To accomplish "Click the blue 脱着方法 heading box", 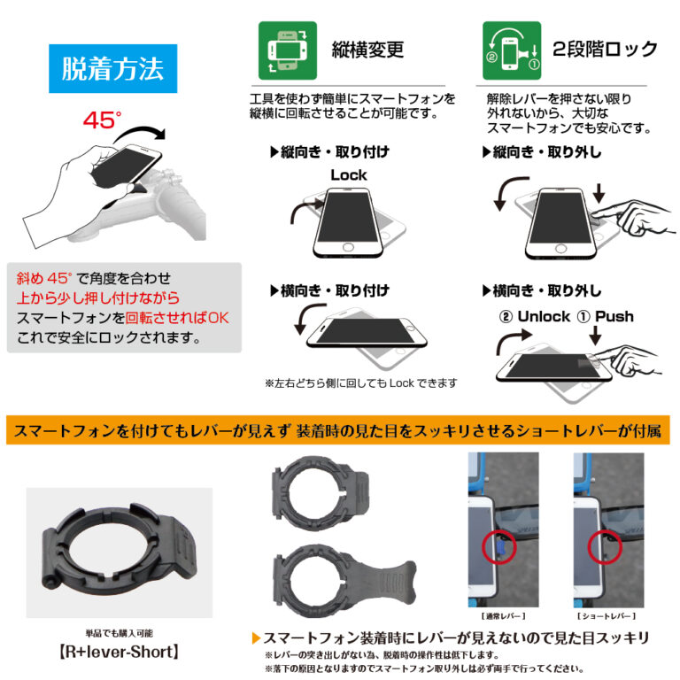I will (112, 69).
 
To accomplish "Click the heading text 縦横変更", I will (367, 50).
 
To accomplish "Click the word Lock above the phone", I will (348, 174).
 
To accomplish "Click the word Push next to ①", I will (614, 316).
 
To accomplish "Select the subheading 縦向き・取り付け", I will (328, 152).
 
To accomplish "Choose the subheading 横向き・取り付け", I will (328, 290).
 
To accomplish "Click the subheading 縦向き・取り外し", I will (541, 152).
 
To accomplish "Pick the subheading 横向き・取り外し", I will (541, 290).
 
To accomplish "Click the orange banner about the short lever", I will (340, 431).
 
